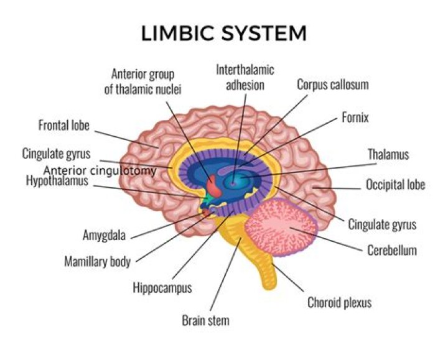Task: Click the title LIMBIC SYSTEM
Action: (x=224, y=32)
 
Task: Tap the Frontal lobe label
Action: (x=64, y=126)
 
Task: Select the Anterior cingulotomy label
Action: (x=100, y=170)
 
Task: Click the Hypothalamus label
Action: (x=57, y=181)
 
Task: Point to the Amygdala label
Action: (x=104, y=236)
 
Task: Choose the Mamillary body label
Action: (x=97, y=261)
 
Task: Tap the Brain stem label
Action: (x=205, y=321)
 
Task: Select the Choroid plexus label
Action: (x=339, y=303)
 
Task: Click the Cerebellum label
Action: (x=391, y=251)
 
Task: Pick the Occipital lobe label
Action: (x=395, y=185)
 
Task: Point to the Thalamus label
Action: (x=388, y=154)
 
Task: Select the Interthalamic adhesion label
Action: (x=245, y=77)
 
